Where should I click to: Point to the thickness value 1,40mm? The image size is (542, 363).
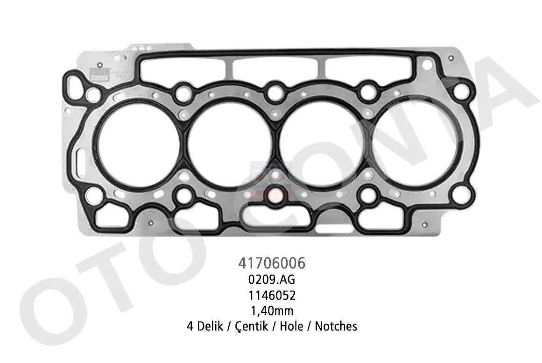[271, 310]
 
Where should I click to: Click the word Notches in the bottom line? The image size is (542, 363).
[336, 326]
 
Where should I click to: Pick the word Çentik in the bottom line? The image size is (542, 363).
[252, 326]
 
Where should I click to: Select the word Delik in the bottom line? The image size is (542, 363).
[207, 326]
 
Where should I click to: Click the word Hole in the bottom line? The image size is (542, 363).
[291, 326]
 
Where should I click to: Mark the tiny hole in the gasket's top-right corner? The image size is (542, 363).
[450, 58]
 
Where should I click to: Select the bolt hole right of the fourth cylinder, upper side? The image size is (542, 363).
[460, 90]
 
